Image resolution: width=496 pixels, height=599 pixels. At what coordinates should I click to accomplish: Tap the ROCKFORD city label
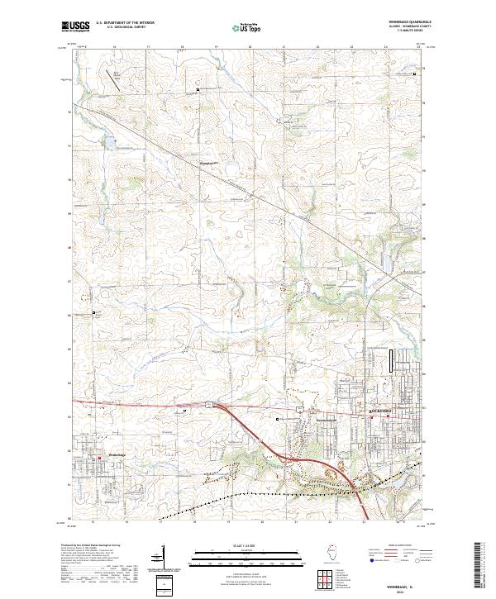coord(379,411)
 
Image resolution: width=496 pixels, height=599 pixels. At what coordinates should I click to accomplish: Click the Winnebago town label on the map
coord(117,454)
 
